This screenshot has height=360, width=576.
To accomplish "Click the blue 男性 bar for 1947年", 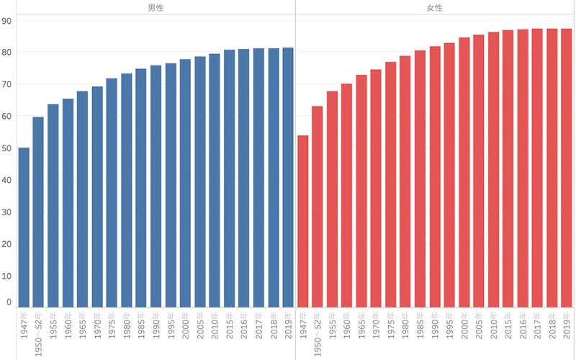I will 24,227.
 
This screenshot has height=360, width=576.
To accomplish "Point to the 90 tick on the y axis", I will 6,21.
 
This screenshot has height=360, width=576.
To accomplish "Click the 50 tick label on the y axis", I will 6,148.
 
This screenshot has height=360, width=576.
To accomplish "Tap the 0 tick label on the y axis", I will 9,302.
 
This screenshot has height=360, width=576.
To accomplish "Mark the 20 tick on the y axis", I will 6,244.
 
